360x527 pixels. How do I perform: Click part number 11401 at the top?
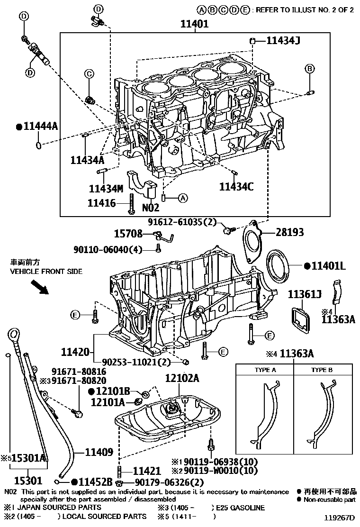195,24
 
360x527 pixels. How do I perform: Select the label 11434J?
283,41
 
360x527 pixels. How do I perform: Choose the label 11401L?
328,266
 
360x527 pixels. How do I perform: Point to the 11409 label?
99,453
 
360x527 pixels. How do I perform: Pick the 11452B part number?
93,482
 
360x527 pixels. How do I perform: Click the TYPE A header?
265,370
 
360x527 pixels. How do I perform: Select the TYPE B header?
322,370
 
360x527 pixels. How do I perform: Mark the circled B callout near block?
309,69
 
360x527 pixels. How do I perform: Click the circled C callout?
88,73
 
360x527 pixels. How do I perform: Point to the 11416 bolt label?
101,203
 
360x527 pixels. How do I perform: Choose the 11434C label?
236,186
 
